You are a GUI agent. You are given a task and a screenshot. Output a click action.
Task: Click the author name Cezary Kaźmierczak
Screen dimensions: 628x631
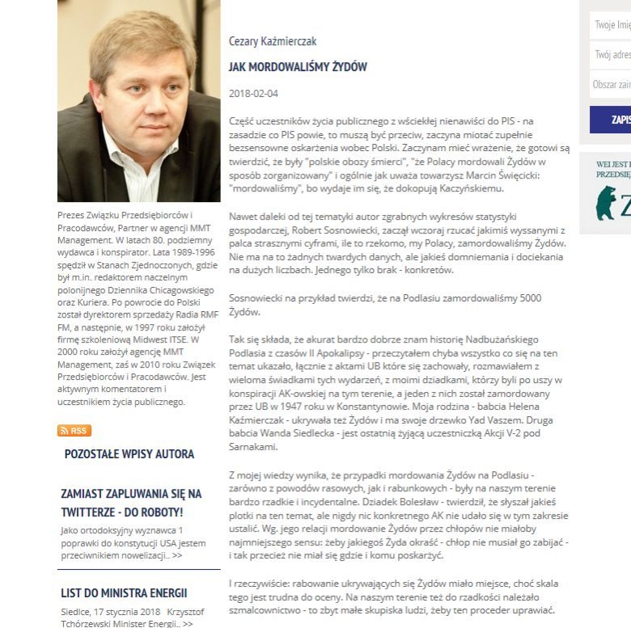272,41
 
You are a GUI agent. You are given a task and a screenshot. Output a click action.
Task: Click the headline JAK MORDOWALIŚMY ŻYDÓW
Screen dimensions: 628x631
298,67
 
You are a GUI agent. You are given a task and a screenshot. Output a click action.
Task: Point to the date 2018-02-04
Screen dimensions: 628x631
253,94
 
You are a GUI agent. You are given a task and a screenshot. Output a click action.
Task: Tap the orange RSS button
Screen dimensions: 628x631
74,431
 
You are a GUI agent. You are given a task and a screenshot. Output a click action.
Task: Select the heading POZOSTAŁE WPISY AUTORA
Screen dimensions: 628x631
129,454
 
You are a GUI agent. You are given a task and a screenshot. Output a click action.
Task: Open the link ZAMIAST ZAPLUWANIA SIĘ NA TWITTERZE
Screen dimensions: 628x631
131,503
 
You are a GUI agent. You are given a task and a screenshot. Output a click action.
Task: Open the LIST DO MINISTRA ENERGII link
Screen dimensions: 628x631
124,593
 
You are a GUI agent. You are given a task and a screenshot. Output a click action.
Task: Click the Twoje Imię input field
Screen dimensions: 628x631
611,25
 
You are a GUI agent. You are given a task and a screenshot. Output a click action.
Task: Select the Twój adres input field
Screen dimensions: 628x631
611,55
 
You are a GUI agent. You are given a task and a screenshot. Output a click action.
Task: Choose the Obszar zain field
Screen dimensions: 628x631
611,84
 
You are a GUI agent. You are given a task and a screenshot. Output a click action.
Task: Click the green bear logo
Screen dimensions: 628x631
606,204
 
